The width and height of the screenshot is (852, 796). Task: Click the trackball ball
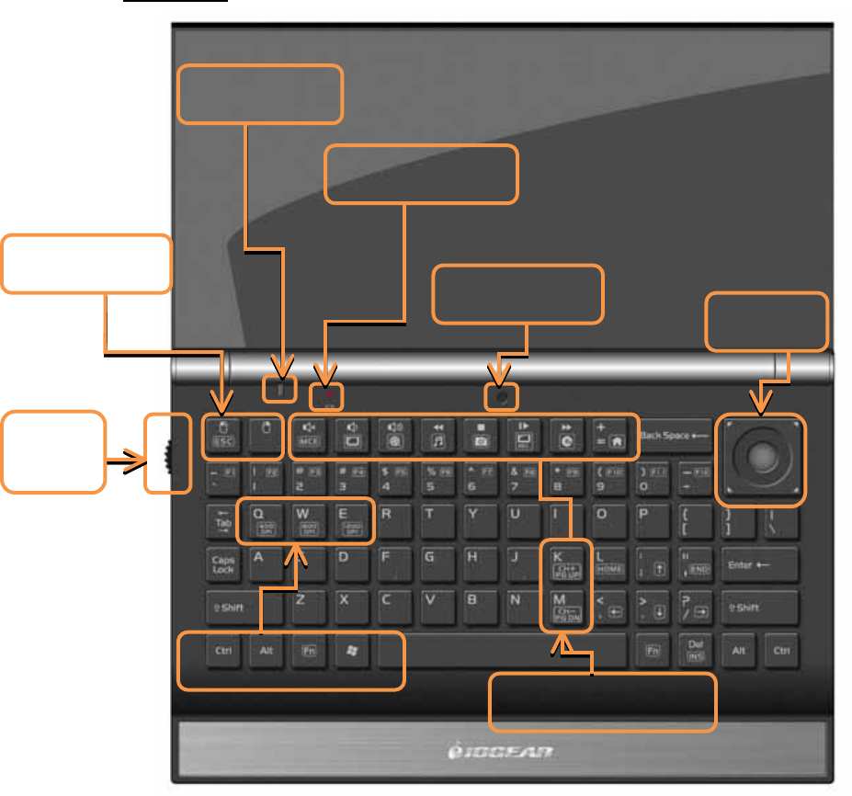[763, 457]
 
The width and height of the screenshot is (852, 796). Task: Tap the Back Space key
[675, 436]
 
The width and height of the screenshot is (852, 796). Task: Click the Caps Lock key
[223, 564]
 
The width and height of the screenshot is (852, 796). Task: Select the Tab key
[222, 521]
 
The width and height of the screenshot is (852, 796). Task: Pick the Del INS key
[696, 650]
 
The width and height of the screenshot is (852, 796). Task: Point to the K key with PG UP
[563, 563]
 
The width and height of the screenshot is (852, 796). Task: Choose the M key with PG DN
[563, 607]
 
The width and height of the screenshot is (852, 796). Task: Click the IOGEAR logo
[505, 753]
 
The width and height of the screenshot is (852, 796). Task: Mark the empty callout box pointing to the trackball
[767, 322]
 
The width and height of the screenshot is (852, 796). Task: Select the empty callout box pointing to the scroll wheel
[52, 451]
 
